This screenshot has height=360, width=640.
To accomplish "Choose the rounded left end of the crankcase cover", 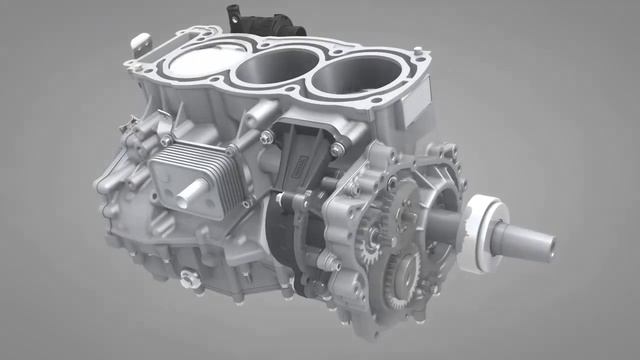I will click(105, 190).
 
